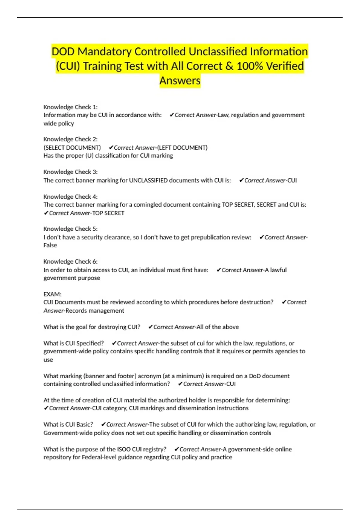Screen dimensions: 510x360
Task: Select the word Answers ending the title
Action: (180, 80)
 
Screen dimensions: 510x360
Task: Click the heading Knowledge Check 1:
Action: (70, 107)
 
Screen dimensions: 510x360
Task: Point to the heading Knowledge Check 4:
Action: (70, 196)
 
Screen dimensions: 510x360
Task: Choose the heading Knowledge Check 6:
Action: (70, 261)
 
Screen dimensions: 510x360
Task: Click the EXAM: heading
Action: (52, 294)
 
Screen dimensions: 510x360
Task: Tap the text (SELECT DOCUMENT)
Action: (72, 148)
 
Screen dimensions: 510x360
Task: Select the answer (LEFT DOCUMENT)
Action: (182, 148)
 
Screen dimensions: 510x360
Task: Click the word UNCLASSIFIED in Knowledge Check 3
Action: (148, 180)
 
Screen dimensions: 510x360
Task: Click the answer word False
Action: (50, 245)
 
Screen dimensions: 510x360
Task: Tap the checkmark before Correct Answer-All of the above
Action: (151, 327)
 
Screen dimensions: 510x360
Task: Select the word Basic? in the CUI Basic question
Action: (85, 424)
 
